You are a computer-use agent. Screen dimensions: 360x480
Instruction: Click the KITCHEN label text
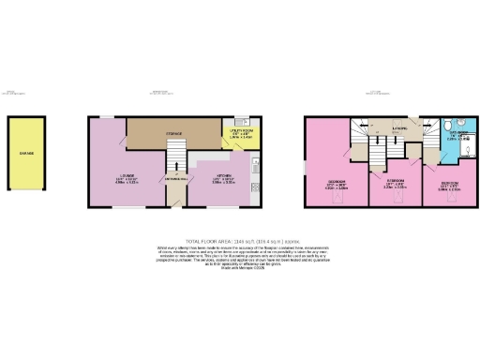pyautogui.click(x=227, y=174)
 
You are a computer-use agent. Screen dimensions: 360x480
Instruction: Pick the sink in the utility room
pyautogui.click(x=240, y=122)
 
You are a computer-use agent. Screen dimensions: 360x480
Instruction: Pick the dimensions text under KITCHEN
pyautogui.click(x=227, y=182)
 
